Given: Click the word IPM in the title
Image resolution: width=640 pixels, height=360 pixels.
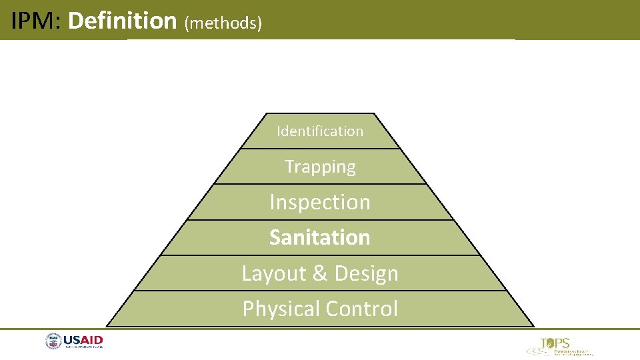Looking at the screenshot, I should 35,21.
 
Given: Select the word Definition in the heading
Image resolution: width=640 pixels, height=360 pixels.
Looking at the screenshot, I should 122,21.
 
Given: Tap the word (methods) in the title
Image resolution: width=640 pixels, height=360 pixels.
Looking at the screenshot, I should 223,23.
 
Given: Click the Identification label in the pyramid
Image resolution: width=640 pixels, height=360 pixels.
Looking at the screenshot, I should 320,131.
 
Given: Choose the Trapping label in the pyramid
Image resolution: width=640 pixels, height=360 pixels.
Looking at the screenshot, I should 320,167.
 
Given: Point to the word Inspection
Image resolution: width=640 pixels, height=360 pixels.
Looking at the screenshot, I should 320,202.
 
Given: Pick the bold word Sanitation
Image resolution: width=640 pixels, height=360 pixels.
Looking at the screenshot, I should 320,237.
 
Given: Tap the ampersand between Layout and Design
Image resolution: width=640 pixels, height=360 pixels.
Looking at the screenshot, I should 319,273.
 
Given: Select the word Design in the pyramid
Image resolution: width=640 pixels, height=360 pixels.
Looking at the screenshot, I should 367,273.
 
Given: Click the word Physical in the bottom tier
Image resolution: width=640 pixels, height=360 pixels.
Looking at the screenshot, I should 280,309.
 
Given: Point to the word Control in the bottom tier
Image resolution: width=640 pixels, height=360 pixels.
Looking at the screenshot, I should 365,309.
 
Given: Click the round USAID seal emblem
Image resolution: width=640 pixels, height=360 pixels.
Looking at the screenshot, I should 53,342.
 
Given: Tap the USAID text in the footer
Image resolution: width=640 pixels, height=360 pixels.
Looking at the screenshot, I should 83,341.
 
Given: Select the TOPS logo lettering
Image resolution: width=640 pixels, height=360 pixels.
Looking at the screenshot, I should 555,344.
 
